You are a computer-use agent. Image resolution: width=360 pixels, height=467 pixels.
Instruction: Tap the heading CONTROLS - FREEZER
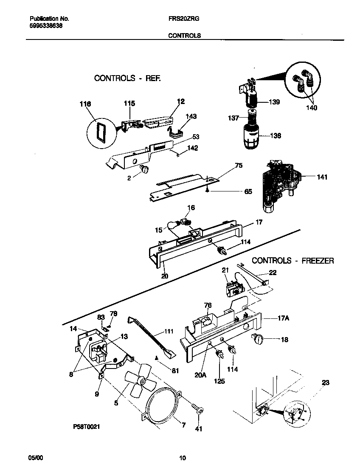point(293,261)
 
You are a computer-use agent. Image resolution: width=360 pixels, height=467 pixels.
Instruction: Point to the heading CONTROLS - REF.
point(127,78)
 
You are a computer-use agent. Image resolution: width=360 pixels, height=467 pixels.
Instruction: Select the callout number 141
point(322,177)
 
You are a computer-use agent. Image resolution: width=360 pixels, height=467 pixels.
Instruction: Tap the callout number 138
point(276,136)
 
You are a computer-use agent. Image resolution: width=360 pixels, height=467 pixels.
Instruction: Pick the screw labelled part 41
point(197,409)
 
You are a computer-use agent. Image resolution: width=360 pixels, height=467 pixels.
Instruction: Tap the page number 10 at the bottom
point(182,458)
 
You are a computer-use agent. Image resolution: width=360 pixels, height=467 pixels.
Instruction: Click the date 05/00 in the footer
point(35,458)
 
